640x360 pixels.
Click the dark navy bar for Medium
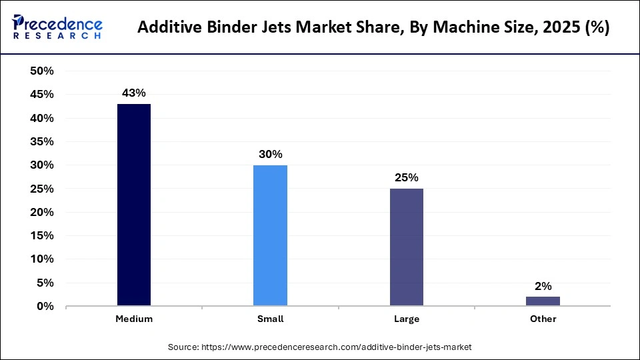click(134, 205)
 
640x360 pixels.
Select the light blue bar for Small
click(270, 235)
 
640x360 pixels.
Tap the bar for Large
click(406, 247)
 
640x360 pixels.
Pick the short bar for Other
click(543, 301)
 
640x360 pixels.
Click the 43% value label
click(134, 93)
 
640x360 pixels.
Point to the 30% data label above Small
click(270, 154)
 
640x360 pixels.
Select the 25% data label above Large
click(406, 177)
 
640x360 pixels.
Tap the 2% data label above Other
click(543, 286)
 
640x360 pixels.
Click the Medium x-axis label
click(134, 319)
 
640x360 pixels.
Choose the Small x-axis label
click(270, 319)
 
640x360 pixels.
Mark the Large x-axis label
click(406, 319)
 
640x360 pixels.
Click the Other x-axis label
click(543, 319)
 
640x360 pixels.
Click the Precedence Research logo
click(57, 27)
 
